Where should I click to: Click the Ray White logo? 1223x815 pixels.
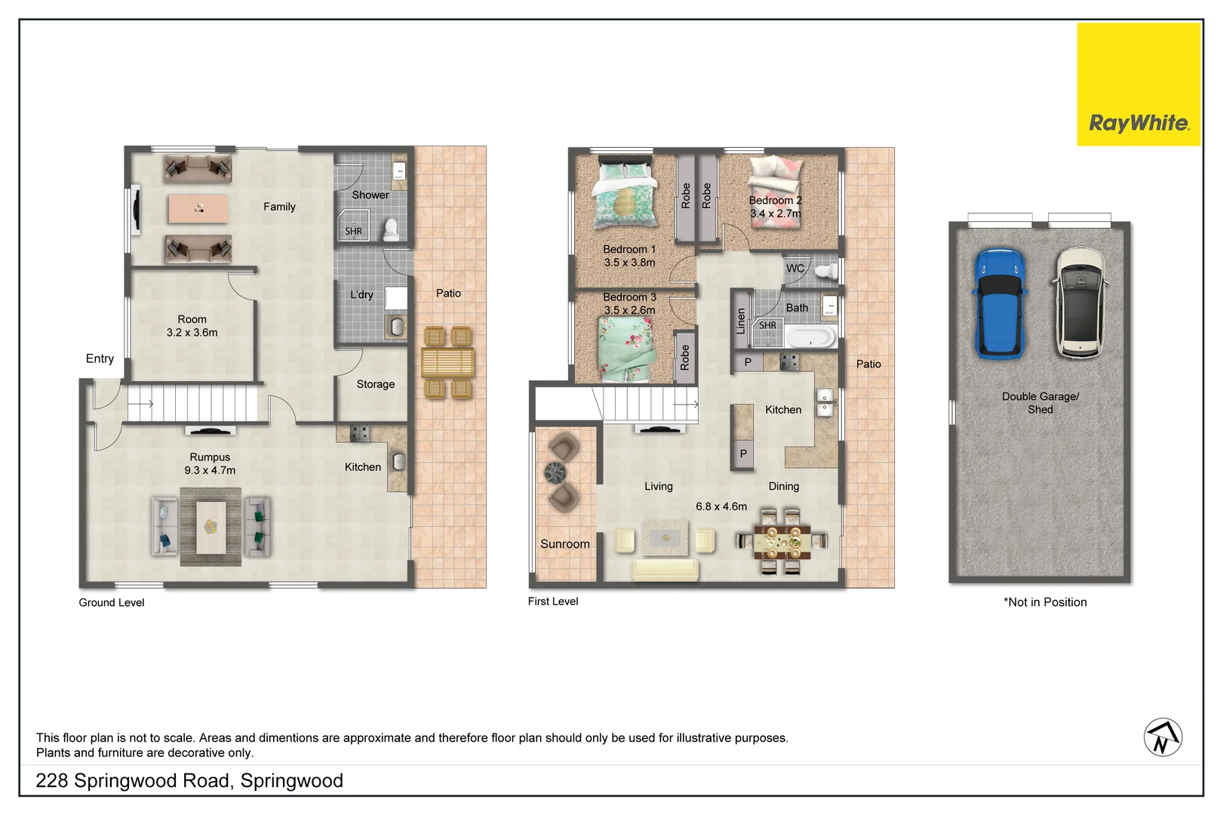point(1138,122)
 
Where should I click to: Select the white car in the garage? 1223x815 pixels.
point(1080,303)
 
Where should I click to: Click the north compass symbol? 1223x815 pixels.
point(1163,737)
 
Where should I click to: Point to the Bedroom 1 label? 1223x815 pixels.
point(629,250)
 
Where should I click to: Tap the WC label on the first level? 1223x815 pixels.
point(795,269)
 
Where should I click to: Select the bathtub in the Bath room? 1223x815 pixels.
point(810,337)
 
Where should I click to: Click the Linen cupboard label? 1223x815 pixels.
point(741,321)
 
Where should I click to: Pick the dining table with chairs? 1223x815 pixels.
point(782,541)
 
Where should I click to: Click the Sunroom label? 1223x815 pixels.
point(564,544)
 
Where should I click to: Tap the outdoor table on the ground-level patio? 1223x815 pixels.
point(447,362)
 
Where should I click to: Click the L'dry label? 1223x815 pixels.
point(361,295)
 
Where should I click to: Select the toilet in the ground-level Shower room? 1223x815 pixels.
point(391,229)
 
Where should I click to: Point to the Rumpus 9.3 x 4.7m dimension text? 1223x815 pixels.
point(210,470)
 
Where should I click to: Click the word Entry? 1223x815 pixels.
point(100,358)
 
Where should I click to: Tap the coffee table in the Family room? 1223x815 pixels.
point(198,209)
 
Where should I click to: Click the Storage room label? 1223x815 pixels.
point(375,384)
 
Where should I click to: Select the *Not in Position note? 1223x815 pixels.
point(1044,602)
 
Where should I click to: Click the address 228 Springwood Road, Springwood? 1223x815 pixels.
point(189,780)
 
